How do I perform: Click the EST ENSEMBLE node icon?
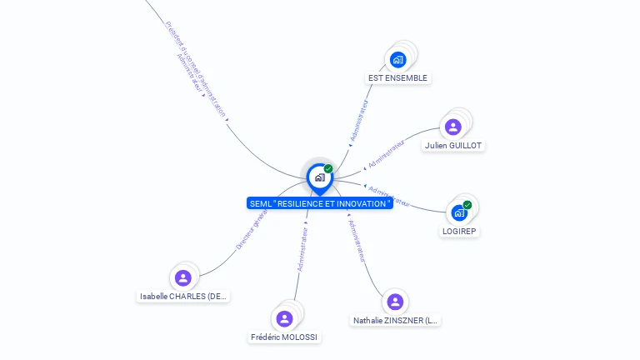397,59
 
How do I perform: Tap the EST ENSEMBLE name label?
397,77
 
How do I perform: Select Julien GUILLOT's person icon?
452,127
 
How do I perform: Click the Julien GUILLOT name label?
452,145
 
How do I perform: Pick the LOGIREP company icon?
458,212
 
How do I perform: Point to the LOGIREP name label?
460,231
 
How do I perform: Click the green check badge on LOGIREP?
467,204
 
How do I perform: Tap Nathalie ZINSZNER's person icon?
395,302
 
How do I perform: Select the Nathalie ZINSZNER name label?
395,320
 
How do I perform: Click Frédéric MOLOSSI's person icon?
284,318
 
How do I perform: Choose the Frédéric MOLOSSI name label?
284,337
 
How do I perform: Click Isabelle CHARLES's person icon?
183,277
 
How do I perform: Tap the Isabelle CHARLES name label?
183,296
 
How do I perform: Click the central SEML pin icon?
319,177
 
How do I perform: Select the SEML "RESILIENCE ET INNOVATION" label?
319,203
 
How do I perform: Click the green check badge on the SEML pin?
328,168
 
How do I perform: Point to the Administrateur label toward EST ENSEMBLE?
358,123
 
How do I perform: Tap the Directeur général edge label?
252,230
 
